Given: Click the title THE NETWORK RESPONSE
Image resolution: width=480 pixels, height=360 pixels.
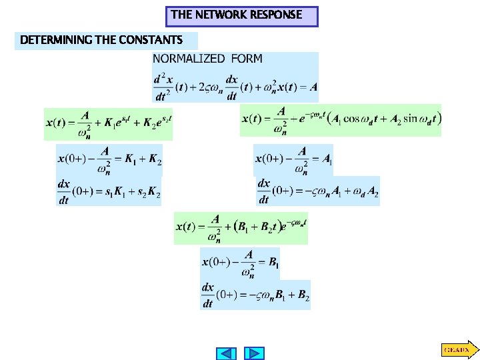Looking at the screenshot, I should pos(241,15).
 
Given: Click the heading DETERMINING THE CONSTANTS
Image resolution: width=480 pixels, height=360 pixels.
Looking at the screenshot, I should pos(101,41).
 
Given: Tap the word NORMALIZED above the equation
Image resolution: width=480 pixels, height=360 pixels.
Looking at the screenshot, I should pos(189,59).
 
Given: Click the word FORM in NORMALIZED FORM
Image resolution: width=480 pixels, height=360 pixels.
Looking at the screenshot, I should pos(247,59).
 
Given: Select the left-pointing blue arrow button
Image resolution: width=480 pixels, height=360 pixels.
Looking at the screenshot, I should pos(227,353).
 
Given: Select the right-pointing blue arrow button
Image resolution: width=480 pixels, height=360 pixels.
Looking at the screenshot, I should pos(255,353).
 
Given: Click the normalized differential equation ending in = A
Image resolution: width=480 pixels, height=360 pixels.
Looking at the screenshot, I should pos(235,87).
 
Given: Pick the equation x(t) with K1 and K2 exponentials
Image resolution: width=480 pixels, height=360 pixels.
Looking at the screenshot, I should pos(109,123).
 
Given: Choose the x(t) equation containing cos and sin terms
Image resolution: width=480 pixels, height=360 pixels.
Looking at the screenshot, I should pos(341,119).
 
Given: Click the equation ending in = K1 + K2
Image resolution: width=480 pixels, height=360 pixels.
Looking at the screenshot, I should pos(109,160).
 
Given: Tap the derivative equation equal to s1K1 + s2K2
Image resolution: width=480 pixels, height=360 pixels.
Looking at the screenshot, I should pos(109,191).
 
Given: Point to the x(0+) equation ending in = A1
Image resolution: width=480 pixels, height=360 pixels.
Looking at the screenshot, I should pos(293,160).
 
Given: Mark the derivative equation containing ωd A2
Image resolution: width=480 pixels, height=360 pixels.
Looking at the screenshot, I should pos(318,191).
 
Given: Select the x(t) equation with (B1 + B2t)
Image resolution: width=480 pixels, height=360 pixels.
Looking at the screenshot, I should pos(241,228).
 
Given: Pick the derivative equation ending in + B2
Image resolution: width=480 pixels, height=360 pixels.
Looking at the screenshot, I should pos(255,295).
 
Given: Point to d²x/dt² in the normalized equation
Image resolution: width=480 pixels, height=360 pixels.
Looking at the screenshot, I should pos(163,87).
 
